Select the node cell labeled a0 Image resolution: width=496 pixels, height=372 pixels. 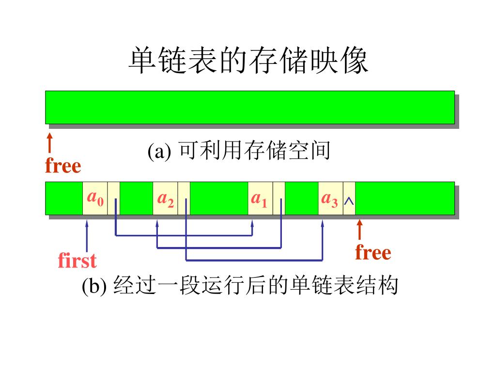[x=95, y=198]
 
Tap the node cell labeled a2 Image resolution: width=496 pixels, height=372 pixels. [x=165, y=198]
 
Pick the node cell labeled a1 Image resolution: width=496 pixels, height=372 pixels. [x=260, y=198]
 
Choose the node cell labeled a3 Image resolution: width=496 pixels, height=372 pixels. [x=330, y=198]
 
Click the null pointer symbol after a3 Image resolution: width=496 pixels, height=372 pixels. [x=349, y=200]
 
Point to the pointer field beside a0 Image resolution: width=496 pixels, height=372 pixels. [x=114, y=198]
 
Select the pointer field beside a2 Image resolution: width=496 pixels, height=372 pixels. [x=184, y=198]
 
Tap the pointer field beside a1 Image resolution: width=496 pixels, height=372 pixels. [x=279, y=198]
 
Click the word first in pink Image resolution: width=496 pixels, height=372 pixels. [x=77, y=261]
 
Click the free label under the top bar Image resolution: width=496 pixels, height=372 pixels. [x=63, y=166]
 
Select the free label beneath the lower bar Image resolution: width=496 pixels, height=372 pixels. [x=372, y=252]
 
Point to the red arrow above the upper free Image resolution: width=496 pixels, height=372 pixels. [x=49, y=143]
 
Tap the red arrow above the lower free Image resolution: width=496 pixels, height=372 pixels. [x=359, y=230]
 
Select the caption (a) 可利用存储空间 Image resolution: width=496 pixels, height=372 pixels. [x=239, y=151]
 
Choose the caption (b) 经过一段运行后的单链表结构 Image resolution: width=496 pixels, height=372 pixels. [x=240, y=286]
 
